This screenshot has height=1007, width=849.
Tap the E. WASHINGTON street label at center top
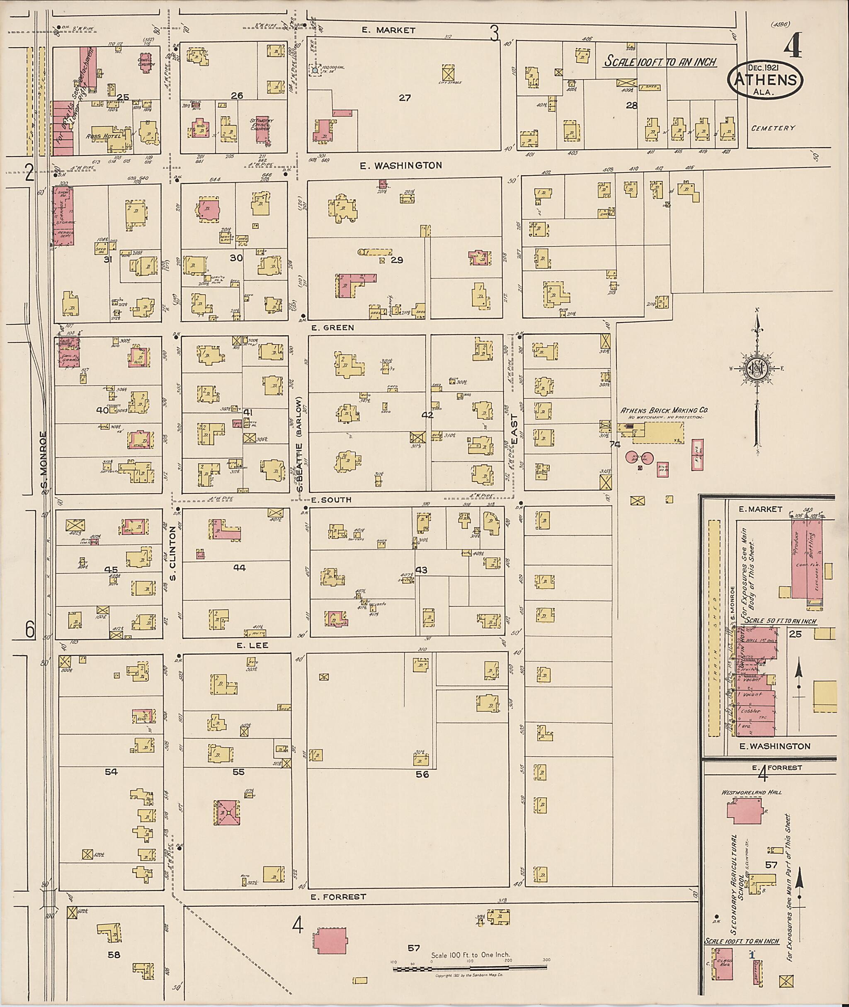[401, 165]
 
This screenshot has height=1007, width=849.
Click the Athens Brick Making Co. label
[664, 410]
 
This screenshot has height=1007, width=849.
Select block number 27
[405, 98]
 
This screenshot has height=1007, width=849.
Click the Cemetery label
[773, 128]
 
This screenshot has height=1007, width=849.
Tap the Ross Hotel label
[99, 136]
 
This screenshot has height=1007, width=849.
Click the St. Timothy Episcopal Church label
[260, 125]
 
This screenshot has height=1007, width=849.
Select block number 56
[422, 774]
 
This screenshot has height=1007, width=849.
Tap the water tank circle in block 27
[315, 70]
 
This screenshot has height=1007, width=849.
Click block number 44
[239, 568]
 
